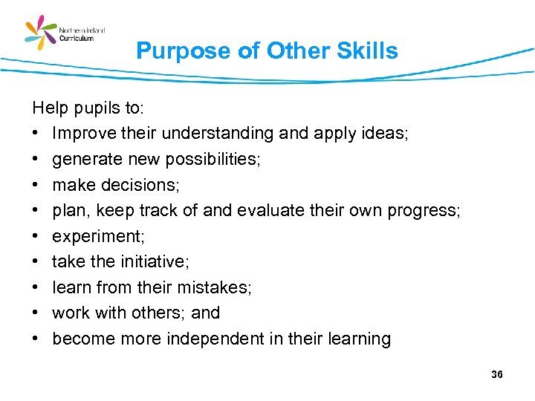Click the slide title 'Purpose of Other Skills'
click(267, 50)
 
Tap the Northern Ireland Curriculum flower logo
click(41, 33)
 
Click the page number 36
click(497, 374)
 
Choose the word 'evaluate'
click(271, 211)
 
